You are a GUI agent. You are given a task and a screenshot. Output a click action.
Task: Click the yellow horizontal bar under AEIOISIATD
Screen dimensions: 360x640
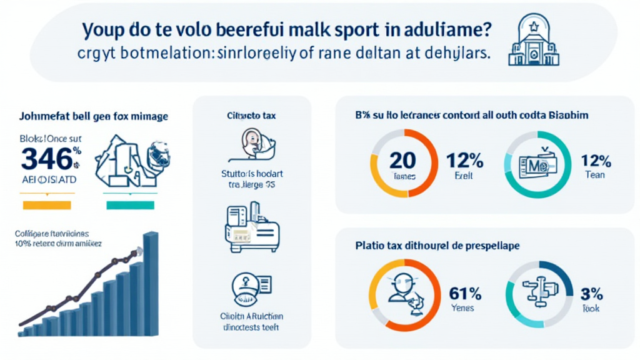click(x=47, y=204)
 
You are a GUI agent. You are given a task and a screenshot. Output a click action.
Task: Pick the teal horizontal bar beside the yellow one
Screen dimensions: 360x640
click(x=131, y=204)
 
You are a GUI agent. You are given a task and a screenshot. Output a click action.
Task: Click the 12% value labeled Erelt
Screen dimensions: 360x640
click(x=464, y=160)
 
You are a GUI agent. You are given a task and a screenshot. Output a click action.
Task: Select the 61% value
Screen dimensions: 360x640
click(x=464, y=292)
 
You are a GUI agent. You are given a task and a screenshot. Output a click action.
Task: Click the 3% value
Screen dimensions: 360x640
click(x=591, y=292)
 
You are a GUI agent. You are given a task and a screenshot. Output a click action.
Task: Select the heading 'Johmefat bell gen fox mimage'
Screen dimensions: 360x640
click(x=88, y=116)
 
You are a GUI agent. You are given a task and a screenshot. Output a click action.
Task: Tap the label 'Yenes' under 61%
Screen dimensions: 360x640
click(x=462, y=307)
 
